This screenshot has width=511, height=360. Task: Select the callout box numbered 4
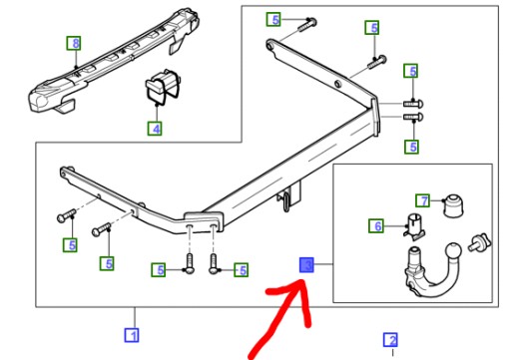[x=155, y=129]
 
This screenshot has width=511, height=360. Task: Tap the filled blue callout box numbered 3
[x=306, y=265]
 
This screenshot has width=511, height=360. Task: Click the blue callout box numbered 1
[x=132, y=335]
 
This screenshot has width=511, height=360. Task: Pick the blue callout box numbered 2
[x=390, y=340]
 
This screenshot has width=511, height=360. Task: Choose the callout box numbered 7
[x=422, y=200]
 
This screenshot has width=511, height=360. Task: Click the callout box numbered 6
[x=376, y=226]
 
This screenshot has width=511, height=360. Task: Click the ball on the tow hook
[x=453, y=251]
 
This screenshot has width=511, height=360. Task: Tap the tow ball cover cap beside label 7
[x=453, y=206]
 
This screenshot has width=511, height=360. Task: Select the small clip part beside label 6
[x=415, y=225]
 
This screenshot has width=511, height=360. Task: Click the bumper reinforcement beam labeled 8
[x=113, y=62]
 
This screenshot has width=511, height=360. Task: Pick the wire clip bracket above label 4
[x=163, y=87]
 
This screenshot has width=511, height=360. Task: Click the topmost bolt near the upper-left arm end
[x=307, y=25]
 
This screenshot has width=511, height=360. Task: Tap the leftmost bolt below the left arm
[x=66, y=214]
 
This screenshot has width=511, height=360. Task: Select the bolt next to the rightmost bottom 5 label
[x=214, y=264]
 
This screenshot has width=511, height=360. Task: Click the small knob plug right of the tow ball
[x=479, y=242]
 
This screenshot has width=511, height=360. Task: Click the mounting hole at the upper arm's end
[x=269, y=45]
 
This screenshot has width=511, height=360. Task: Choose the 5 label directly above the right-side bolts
[x=411, y=71]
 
